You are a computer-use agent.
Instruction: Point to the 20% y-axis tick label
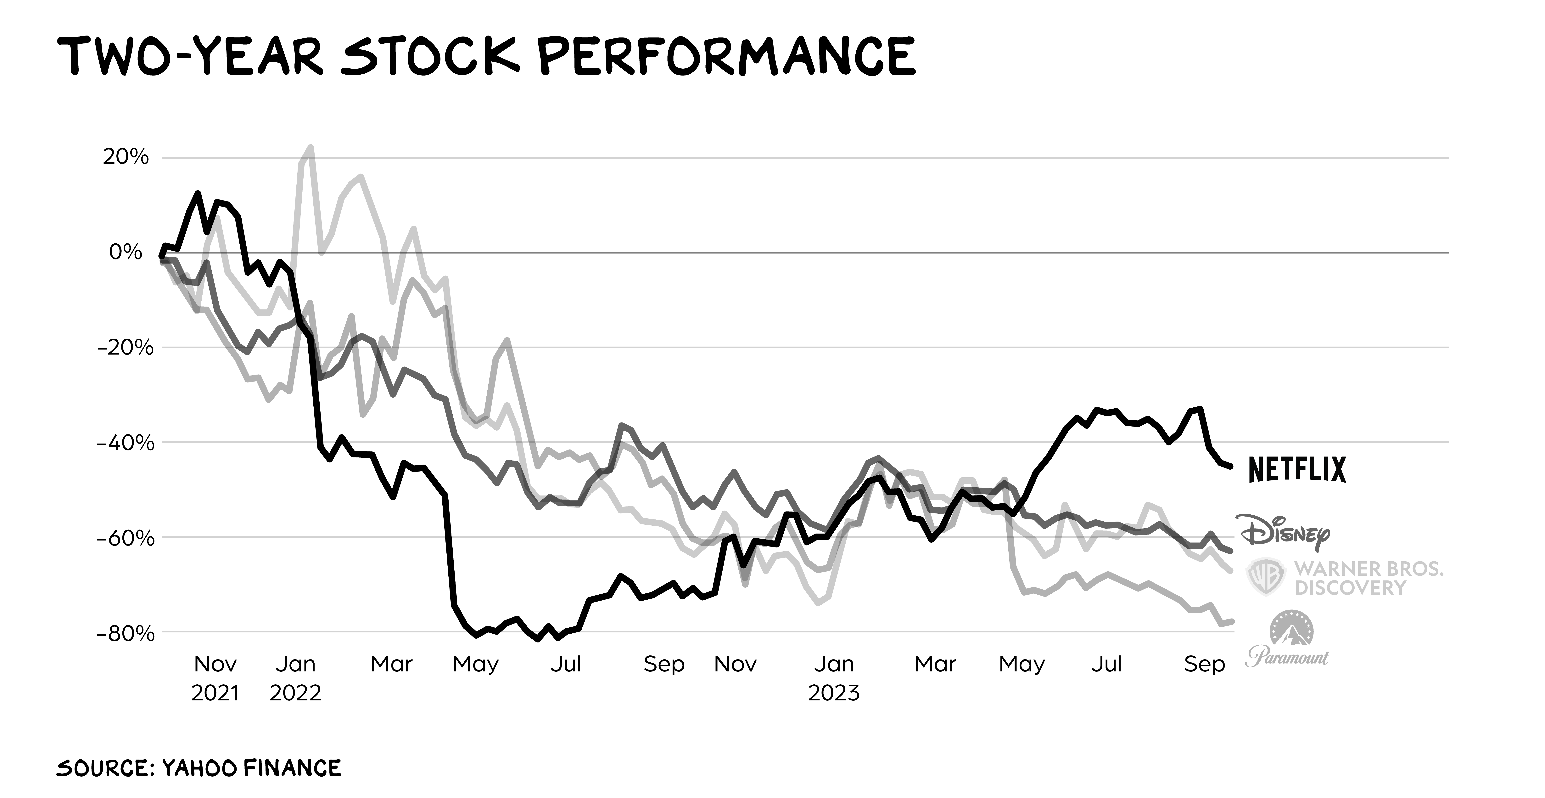tap(125, 157)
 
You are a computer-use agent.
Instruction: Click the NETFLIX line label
tap(1297, 469)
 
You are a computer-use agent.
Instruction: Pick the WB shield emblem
tap(1266, 577)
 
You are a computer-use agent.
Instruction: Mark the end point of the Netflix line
tap(1231, 466)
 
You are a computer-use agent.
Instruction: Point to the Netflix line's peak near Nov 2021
tap(197, 193)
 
